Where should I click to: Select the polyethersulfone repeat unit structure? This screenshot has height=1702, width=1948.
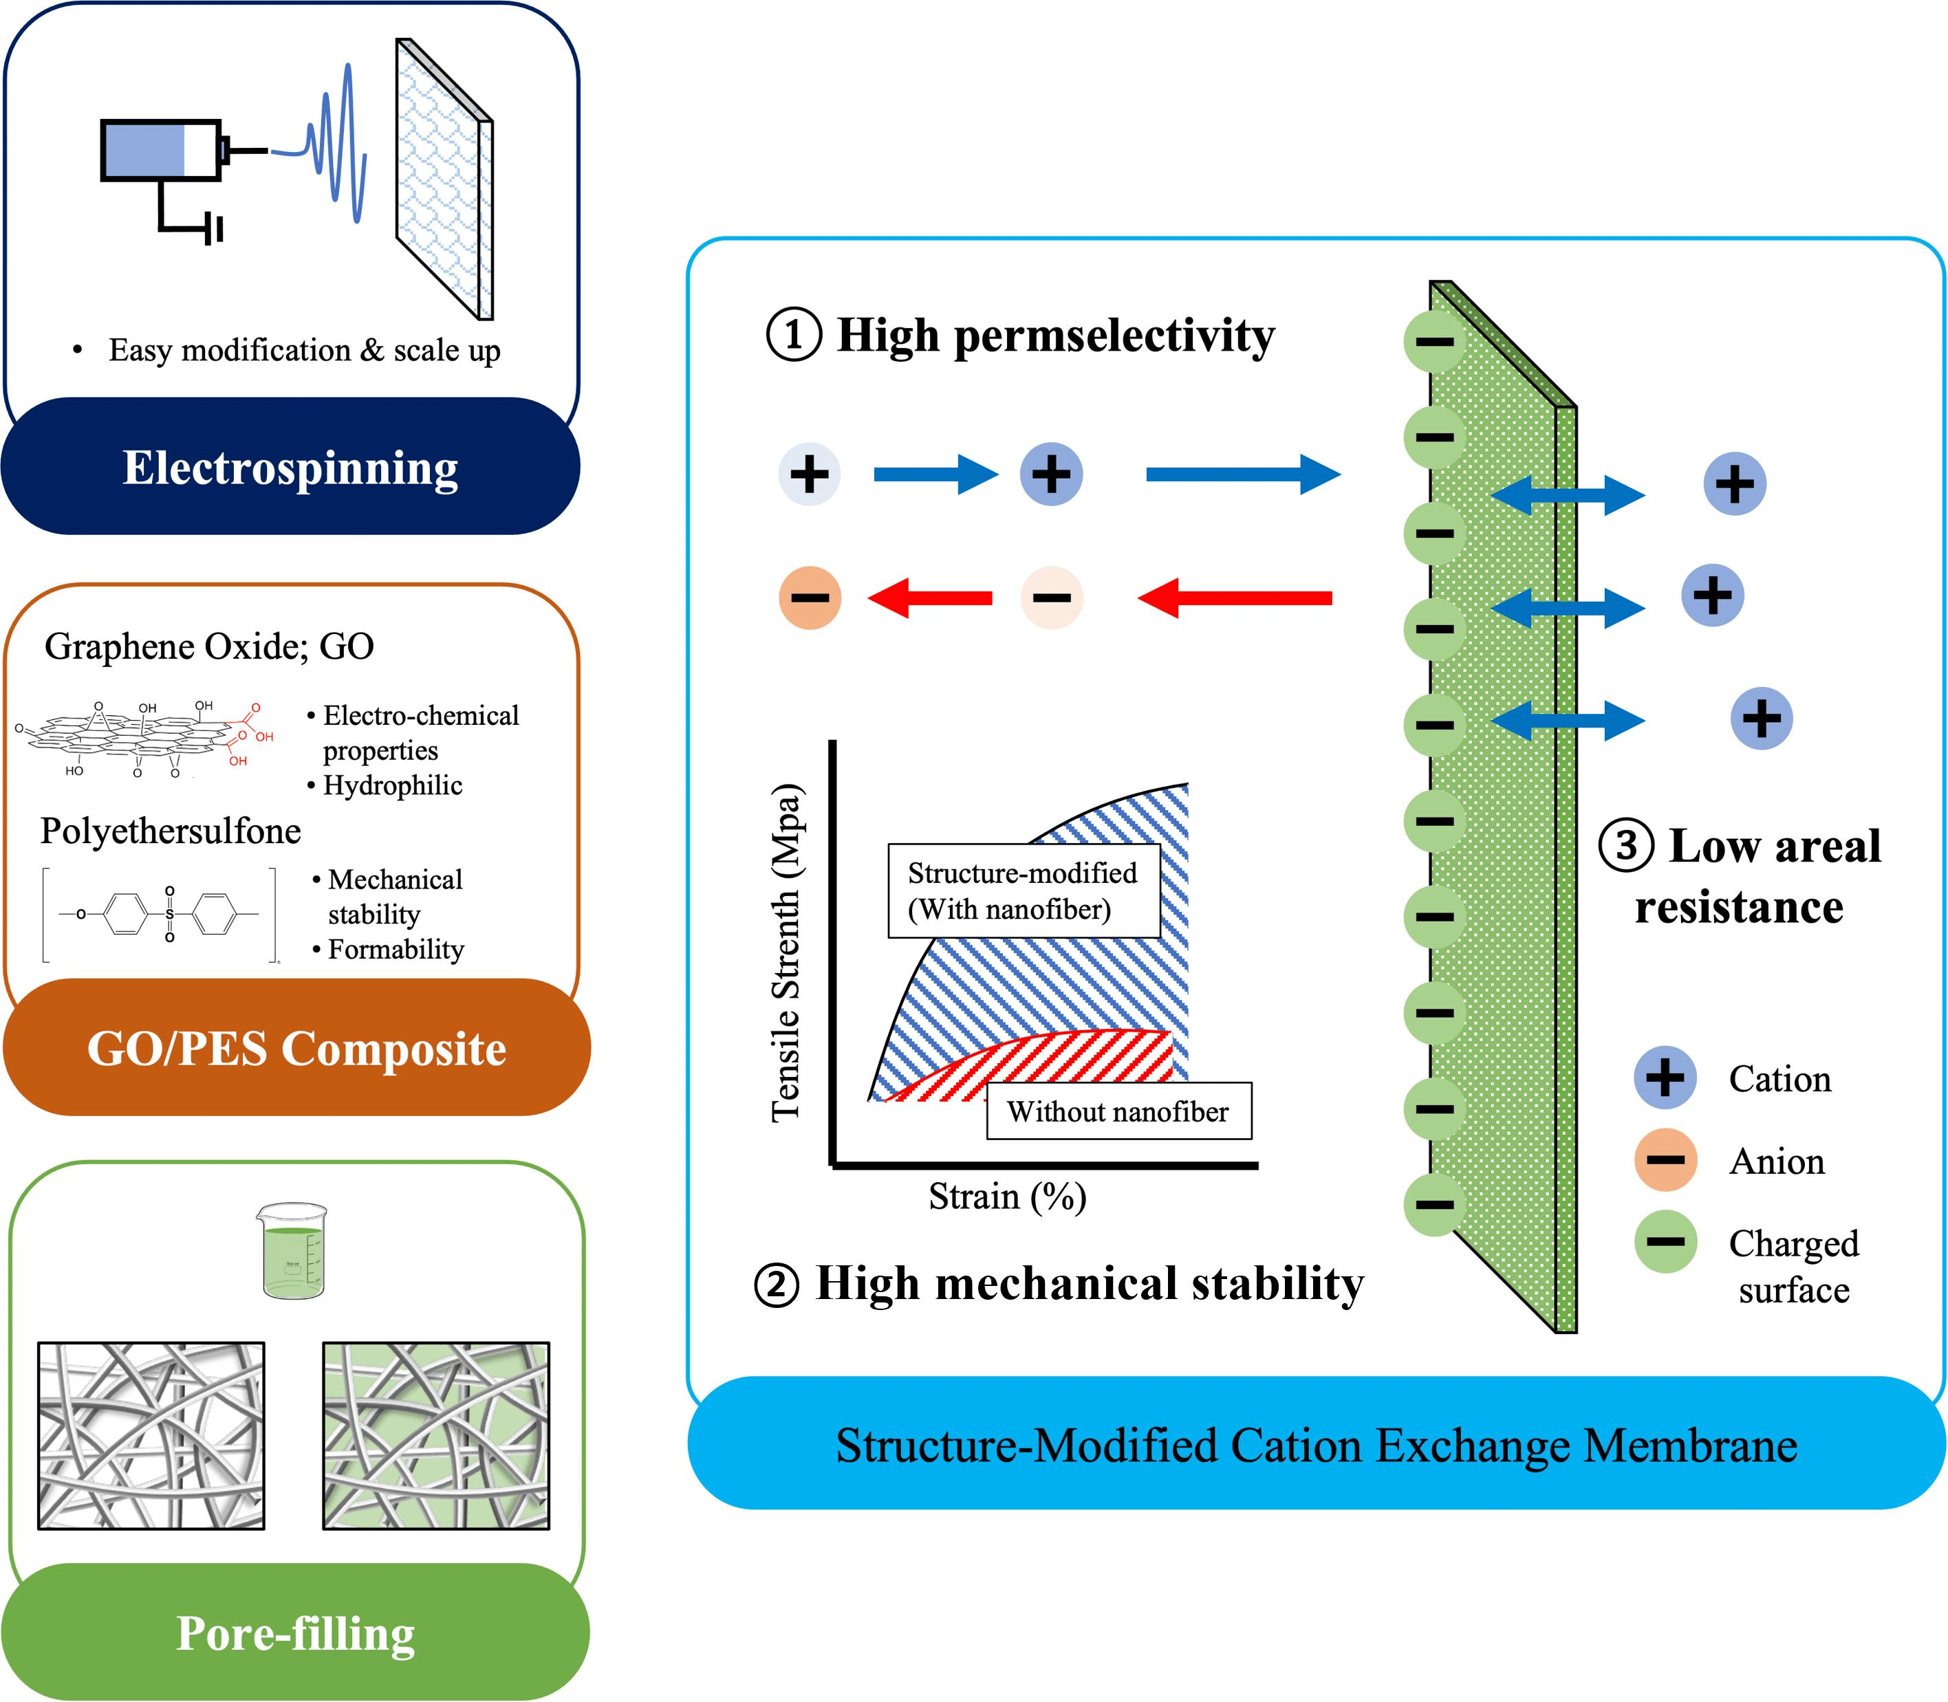(160, 915)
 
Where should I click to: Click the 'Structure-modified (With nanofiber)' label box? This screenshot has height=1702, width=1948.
(1023, 891)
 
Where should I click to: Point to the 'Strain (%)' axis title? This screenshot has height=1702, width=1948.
(1007, 1197)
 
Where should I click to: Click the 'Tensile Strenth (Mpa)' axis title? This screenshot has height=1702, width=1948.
(786, 952)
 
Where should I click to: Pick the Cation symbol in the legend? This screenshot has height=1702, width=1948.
(1665, 1078)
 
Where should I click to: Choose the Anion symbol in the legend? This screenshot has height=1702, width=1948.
(1665, 1159)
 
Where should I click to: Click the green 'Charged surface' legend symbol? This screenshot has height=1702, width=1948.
(1665, 1241)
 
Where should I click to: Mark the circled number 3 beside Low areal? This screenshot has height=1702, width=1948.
(1627, 844)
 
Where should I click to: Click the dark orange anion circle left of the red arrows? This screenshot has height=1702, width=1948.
(809, 598)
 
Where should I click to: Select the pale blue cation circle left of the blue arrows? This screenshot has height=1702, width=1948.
(809, 474)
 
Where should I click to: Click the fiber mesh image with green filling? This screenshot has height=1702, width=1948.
(436, 1435)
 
